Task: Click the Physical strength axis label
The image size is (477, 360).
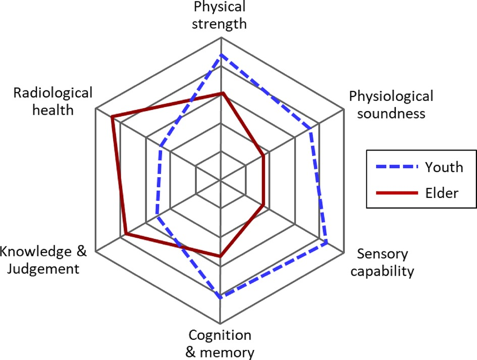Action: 220,15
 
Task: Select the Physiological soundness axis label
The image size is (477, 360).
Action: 391,104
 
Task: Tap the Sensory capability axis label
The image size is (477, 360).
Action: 382,263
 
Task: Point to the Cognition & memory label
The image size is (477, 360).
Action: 220,343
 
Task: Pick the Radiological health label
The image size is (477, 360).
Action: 53,101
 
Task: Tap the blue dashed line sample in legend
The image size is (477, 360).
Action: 395,167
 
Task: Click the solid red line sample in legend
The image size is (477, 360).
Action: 395,193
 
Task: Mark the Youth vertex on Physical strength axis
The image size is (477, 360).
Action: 221,55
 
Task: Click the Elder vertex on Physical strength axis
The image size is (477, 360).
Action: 221,93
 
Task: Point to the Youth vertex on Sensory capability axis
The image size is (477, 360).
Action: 327,243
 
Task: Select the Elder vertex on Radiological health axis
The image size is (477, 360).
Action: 112,117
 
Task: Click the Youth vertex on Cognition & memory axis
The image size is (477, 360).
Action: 221,297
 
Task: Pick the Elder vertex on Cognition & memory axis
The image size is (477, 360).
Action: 221,257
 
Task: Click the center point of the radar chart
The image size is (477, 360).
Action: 221,180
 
